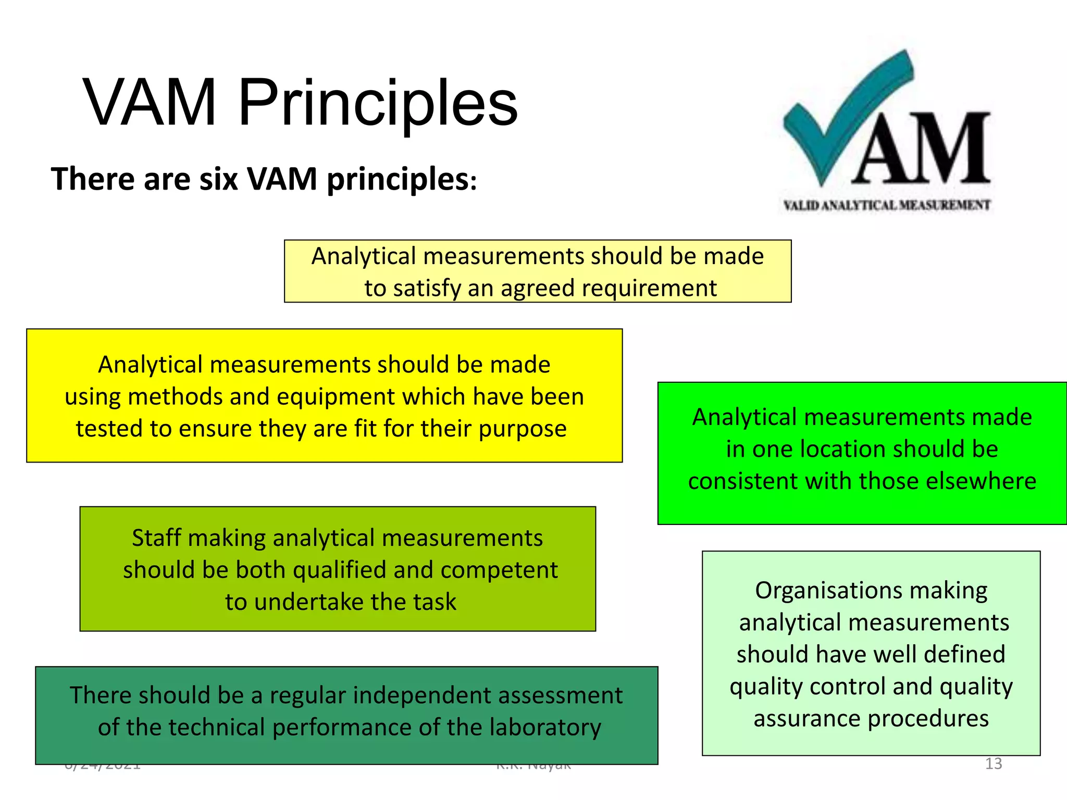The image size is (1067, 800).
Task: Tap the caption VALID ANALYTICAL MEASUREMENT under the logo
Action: (x=887, y=205)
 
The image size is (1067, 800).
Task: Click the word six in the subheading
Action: (x=218, y=179)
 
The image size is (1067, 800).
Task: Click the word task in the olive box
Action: (x=435, y=602)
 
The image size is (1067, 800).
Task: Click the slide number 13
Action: (x=993, y=764)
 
